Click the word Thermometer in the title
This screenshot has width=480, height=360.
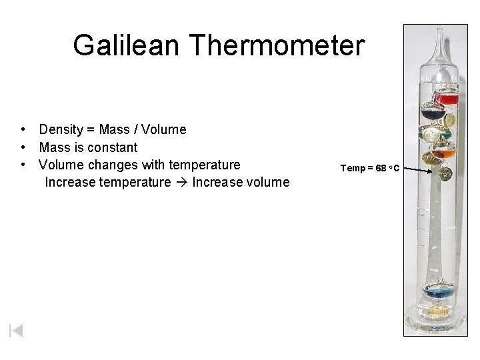click(x=277, y=45)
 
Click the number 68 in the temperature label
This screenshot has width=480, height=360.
click(x=381, y=168)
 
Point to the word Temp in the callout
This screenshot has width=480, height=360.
click(x=353, y=168)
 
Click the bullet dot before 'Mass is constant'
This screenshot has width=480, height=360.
click(x=23, y=147)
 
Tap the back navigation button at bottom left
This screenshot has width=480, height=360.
click(x=16, y=331)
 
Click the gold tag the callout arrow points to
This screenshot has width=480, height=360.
click(x=445, y=175)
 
